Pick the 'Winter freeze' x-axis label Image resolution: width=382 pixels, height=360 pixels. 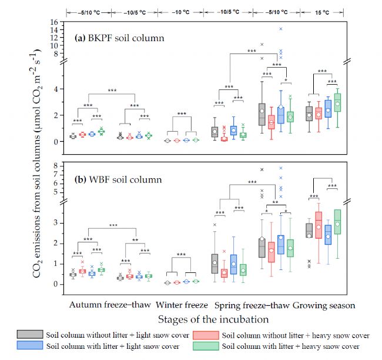[x=181, y=305]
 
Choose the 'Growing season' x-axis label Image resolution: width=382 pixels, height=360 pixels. [x=324, y=305]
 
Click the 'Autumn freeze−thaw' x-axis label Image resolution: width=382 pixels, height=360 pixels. [x=110, y=305]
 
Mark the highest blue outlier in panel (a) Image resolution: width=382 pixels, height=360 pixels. [x=281, y=28]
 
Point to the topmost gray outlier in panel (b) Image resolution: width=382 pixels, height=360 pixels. [x=262, y=169]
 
